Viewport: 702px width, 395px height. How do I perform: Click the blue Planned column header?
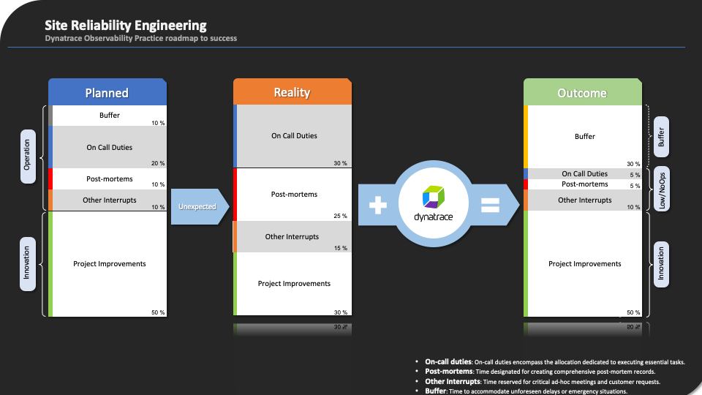[107, 92]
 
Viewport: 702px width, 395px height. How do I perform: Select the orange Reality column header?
[292, 92]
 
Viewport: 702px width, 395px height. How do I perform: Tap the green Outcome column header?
[582, 93]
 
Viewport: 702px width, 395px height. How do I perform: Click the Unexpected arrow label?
[197, 207]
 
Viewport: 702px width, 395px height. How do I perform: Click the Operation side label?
[28, 156]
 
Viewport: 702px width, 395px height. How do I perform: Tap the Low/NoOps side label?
[662, 189]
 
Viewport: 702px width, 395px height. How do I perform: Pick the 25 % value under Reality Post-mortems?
[340, 216]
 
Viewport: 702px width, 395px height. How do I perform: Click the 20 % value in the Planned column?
[157, 163]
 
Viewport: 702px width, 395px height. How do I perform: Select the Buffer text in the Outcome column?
[584, 136]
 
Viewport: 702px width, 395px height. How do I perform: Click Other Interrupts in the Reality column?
[292, 236]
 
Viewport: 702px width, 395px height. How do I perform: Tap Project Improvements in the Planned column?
[110, 263]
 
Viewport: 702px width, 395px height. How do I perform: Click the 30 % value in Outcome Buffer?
[633, 164]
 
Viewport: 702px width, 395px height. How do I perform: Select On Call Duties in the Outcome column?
[584, 173]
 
